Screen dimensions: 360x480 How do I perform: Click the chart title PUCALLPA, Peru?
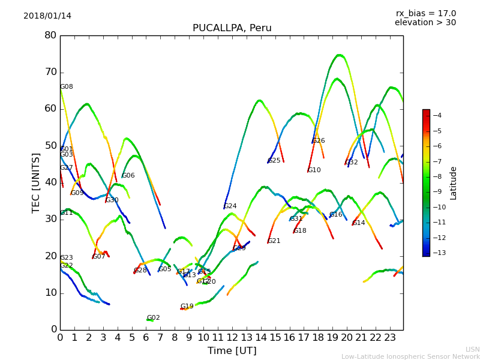click(232, 28)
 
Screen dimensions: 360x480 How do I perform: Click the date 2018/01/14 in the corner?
click(47, 16)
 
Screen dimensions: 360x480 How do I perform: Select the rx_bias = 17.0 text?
click(425, 13)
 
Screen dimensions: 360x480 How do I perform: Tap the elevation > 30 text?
click(425, 23)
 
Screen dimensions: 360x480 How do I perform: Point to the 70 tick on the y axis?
click(50, 72)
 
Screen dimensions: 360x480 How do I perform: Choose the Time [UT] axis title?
click(232, 351)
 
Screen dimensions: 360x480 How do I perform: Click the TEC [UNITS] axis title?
click(36, 182)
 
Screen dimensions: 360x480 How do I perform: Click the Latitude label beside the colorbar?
click(454, 183)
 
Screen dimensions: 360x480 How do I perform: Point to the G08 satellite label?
click(67, 87)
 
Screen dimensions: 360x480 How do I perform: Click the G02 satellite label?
click(154, 318)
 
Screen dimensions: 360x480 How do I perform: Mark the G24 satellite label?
click(230, 206)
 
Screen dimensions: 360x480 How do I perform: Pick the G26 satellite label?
click(319, 141)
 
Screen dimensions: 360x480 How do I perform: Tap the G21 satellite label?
click(274, 241)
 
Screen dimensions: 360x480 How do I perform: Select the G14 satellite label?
click(359, 223)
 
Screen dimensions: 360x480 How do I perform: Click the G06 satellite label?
click(128, 176)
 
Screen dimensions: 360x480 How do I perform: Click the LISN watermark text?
click(473, 349)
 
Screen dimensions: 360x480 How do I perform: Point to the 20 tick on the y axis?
click(50, 256)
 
